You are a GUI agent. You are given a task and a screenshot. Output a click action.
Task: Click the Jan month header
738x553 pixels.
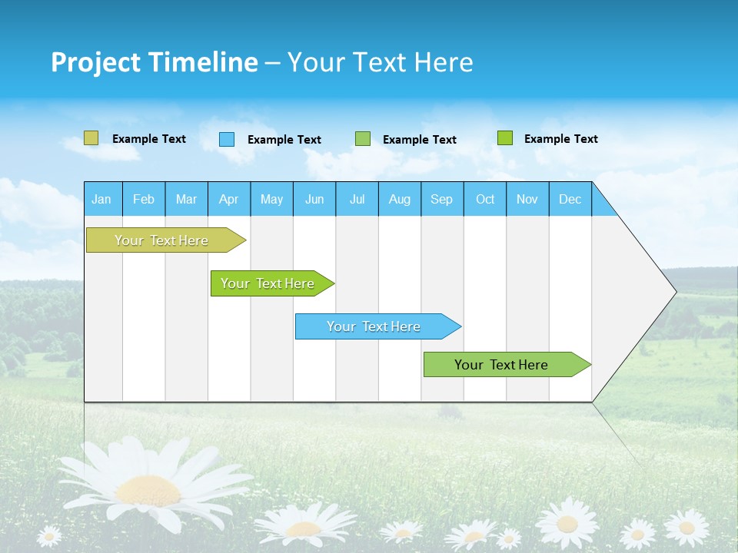(102, 199)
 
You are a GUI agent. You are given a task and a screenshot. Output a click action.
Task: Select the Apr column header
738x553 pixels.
(229, 199)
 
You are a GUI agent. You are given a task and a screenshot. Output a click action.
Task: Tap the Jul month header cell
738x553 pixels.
(357, 199)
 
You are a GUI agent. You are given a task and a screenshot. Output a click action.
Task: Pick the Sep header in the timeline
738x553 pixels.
(442, 199)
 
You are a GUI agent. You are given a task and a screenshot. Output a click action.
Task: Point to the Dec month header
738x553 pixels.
(570, 199)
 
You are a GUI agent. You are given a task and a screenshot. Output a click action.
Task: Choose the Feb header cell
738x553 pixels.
(144, 199)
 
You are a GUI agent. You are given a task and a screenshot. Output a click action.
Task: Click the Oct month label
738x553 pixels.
(485, 199)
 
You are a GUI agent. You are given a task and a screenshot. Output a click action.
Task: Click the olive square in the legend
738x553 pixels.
(91, 138)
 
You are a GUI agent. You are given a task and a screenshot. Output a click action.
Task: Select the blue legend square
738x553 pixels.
(227, 139)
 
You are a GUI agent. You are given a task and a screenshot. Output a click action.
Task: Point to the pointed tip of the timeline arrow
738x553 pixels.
(674, 291)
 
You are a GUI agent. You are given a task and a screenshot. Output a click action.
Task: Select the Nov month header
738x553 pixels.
(527, 199)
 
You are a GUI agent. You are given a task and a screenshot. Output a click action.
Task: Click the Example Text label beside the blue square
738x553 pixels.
(284, 140)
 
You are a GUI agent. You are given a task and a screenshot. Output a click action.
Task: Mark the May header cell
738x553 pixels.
(271, 199)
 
